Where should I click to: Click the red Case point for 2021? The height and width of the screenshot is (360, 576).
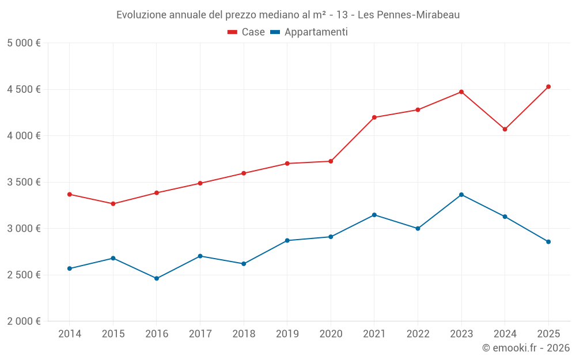(374, 118)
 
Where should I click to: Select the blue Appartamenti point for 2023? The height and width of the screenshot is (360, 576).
(461, 195)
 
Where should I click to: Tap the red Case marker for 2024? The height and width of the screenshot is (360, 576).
(505, 129)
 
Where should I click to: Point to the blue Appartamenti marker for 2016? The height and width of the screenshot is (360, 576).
(157, 278)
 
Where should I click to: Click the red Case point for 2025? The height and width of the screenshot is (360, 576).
(548, 87)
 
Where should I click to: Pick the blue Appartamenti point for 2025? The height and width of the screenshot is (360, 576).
(548, 242)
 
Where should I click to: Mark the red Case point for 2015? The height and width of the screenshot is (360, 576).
(113, 204)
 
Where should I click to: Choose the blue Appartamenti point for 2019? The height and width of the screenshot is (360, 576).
(287, 240)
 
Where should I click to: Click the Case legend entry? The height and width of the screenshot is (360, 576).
(246, 32)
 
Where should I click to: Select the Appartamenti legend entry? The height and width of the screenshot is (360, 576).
(309, 32)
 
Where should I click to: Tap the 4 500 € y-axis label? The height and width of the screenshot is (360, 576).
(24, 89)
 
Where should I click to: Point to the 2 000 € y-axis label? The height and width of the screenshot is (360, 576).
(24, 321)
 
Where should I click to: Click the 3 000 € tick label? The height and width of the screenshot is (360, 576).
(24, 229)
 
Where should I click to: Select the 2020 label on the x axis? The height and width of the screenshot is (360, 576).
(331, 334)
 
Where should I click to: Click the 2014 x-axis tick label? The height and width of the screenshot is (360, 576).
(70, 334)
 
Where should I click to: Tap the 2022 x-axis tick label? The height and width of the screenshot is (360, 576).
(418, 334)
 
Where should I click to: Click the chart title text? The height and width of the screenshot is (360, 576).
(288, 14)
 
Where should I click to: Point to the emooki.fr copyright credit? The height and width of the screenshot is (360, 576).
(525, 348)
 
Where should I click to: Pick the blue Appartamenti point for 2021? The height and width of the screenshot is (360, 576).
(374, 215)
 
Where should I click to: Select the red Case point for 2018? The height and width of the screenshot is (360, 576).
(244, 173)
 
